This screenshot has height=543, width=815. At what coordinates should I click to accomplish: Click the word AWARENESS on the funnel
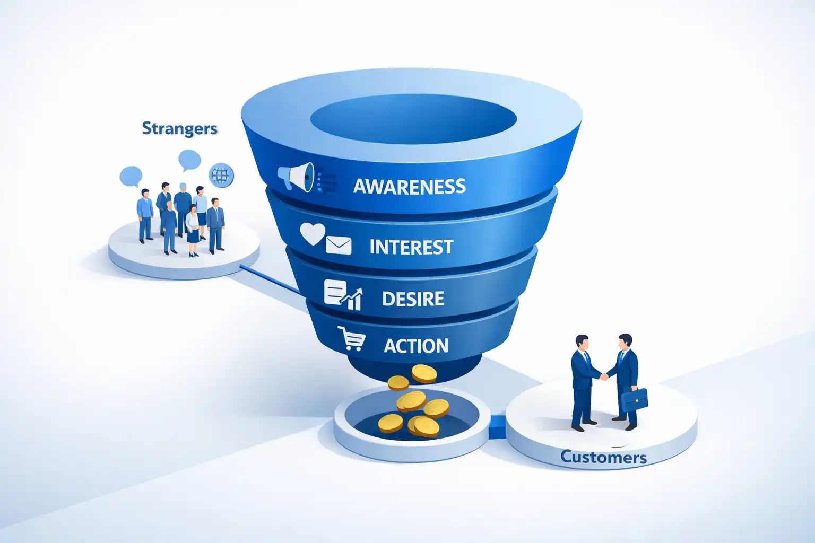click(409, 186)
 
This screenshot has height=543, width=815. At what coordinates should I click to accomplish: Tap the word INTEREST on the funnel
click(411, 247)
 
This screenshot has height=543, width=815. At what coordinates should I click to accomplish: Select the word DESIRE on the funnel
click(413, 299)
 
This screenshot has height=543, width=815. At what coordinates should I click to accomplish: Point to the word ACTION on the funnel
click(416, 346)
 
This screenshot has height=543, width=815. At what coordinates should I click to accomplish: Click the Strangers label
click(179, 129)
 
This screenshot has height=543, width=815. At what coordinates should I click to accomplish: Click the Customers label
click(603, 457)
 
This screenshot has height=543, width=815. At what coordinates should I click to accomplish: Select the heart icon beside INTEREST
click(312, 233)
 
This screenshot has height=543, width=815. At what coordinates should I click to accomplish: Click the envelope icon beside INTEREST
click(339, 246)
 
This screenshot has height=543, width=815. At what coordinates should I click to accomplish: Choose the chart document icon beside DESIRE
click(342, 295)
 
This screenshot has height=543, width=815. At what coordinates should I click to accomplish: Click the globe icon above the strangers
click(221, 175)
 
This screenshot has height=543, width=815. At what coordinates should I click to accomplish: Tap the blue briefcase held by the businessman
click(635, 399)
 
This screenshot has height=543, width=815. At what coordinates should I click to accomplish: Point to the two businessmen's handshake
click(603, 376)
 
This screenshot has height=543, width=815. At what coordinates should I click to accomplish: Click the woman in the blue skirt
click(192, 231)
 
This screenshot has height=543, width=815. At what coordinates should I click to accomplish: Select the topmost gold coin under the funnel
click(424, 373)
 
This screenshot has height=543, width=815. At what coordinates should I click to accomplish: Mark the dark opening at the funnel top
click(413, 121)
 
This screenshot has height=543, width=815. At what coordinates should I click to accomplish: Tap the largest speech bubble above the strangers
click(189, 160)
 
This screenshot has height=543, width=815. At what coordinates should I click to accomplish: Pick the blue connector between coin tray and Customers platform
click(497, 427)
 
